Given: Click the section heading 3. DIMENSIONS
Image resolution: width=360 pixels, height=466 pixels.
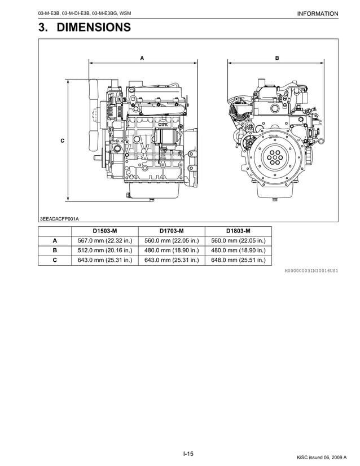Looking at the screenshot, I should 85,27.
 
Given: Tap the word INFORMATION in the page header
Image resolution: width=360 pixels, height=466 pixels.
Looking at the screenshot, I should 317,14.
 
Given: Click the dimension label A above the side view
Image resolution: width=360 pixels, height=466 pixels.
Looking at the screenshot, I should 142,58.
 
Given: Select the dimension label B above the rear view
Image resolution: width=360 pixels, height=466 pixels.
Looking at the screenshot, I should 277,58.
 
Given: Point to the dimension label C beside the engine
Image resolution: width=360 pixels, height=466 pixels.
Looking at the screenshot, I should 62,140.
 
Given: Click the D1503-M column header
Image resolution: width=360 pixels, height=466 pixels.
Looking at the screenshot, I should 105,231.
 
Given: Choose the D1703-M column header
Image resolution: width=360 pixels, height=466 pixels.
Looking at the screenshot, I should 172,231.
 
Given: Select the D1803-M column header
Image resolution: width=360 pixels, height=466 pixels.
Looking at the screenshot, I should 238,231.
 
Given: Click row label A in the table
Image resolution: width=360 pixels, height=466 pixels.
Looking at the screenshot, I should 55,240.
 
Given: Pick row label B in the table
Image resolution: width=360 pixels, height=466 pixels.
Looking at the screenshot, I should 55,250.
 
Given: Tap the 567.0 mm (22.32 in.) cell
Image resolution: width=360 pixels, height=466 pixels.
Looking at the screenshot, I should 105,240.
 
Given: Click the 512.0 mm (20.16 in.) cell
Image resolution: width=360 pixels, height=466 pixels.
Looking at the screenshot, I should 105,250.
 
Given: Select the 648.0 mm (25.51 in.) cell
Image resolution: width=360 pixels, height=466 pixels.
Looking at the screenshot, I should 238,260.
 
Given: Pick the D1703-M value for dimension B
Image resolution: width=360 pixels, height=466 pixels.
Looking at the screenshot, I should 172,250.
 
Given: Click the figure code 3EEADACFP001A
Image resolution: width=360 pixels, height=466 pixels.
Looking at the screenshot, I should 59,218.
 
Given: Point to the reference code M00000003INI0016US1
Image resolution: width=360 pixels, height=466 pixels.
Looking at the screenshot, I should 311,271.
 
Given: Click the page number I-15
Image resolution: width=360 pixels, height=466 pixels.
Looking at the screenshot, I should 188,454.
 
